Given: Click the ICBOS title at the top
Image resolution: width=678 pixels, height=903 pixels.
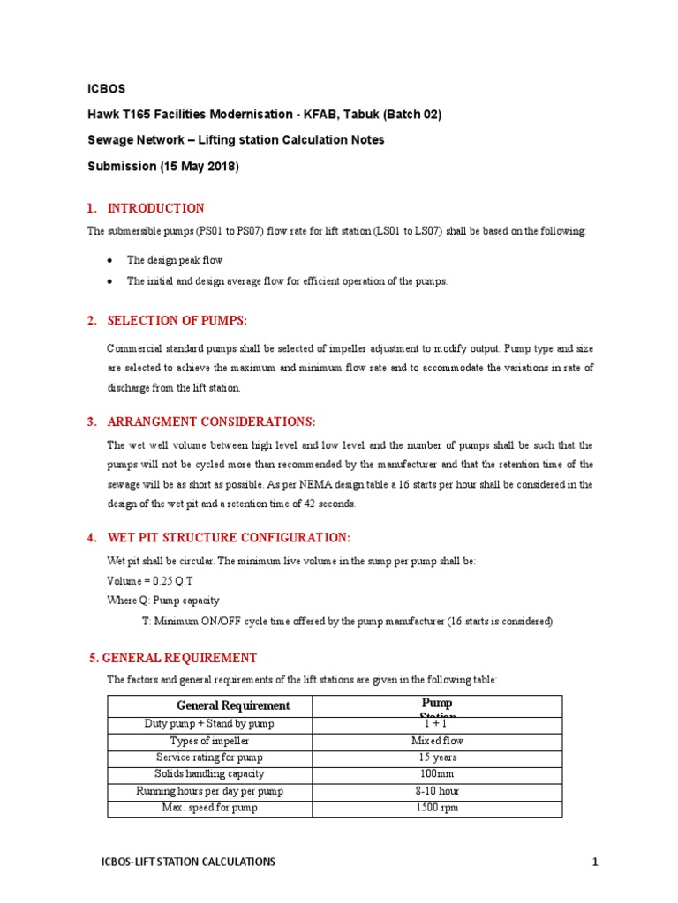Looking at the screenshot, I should click(x=106, y=89).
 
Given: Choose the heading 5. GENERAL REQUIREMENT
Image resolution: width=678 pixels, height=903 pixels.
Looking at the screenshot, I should click(x=173, y=658).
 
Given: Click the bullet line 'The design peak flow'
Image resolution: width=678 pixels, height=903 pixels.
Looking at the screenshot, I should click(x=175, y=260).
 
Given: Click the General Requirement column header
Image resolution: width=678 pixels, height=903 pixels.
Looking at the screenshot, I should click(x=233, y=705).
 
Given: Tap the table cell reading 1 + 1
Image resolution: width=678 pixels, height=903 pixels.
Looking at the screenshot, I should click(x=438, y=724).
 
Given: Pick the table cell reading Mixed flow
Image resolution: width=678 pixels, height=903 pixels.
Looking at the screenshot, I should click(x=438, y=741).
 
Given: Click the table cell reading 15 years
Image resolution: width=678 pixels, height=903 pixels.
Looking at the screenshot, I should click(x=438, y=757).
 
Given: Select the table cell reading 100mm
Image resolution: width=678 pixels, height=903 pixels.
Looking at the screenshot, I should click(x=438, y=774).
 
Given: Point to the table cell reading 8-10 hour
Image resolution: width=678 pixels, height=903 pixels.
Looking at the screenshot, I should click(x=438, y=791).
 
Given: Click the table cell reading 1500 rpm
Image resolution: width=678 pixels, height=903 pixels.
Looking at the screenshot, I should click(x=438, y=808).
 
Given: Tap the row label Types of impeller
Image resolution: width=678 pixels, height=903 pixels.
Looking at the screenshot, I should click(x=209, y=741).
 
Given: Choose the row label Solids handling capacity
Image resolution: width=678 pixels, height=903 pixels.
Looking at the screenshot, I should click(x=209, y=774).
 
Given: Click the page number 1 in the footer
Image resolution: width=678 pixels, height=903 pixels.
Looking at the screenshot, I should click(x=595, y=862).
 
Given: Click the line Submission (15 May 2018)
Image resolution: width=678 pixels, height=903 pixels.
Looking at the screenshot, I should click(x=163, y=166).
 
